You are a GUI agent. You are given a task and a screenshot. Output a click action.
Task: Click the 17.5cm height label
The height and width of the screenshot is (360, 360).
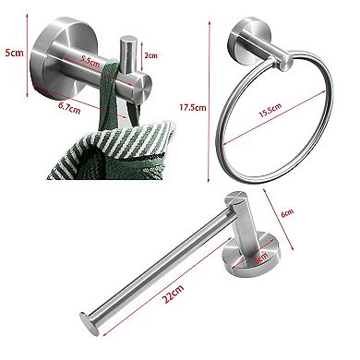click(x=191, y=108)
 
